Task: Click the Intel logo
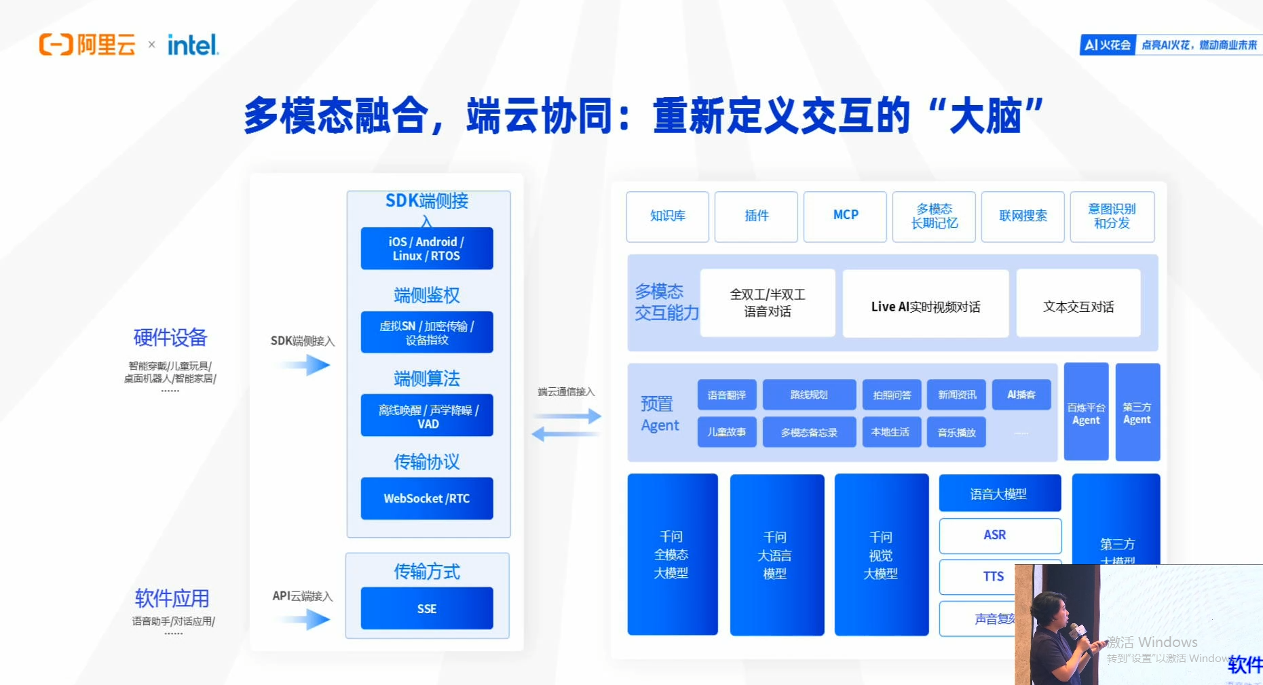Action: [193, 45]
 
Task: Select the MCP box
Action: [845, 216]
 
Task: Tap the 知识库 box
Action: [667, 216]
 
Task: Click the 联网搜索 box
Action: [1022, 216]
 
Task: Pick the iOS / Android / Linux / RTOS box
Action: [426, 249]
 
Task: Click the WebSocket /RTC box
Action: [426, 498]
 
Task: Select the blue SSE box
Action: [426, 608]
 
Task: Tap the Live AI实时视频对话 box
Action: [925, 307]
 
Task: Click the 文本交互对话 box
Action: [1078, 307]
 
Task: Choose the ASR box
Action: [995, 535]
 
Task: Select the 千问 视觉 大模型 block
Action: [881, 555]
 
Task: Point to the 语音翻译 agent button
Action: [726, 395]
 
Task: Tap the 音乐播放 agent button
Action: [956, 432]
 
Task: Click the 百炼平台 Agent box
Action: [1086, 412]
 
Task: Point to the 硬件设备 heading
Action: [170, 337]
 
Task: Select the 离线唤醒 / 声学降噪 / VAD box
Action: [426, 416]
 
